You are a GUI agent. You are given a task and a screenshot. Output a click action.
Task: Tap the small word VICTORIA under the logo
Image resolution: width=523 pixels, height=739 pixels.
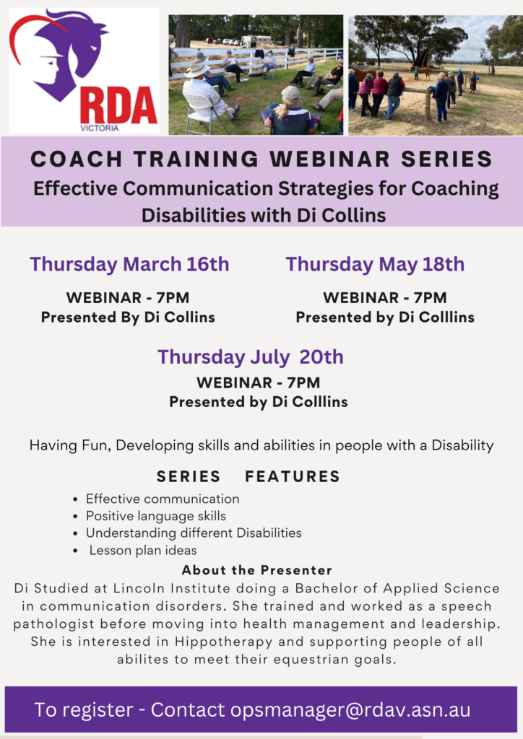[100, 128]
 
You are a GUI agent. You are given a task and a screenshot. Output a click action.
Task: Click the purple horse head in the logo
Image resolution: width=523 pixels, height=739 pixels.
[75, 52]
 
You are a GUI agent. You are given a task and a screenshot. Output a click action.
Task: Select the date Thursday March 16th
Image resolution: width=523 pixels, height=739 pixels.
[129, 264]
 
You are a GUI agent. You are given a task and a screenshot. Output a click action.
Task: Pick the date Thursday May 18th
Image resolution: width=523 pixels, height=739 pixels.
[375, 264]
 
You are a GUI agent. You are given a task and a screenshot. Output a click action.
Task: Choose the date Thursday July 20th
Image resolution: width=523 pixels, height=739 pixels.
[251, 357]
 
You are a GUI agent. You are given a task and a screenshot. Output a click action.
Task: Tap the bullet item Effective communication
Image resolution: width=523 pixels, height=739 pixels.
[163, 499]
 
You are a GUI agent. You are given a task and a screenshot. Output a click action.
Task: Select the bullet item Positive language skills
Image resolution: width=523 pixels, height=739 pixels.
[155, 516]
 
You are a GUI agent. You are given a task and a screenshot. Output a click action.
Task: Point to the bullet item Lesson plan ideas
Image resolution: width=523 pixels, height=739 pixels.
[143, 550]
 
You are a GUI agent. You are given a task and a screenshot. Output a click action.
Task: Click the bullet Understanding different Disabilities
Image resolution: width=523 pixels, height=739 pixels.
[194, 533]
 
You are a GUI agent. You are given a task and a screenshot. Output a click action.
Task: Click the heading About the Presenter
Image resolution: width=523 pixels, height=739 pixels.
[257, 570]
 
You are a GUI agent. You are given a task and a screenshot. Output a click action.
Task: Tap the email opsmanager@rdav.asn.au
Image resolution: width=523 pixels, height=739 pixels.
[350, 710]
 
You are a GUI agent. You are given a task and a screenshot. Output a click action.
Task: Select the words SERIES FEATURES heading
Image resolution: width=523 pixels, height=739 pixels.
[248, 476]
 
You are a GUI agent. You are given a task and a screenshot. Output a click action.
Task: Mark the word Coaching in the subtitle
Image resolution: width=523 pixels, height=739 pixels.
[454, 189]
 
